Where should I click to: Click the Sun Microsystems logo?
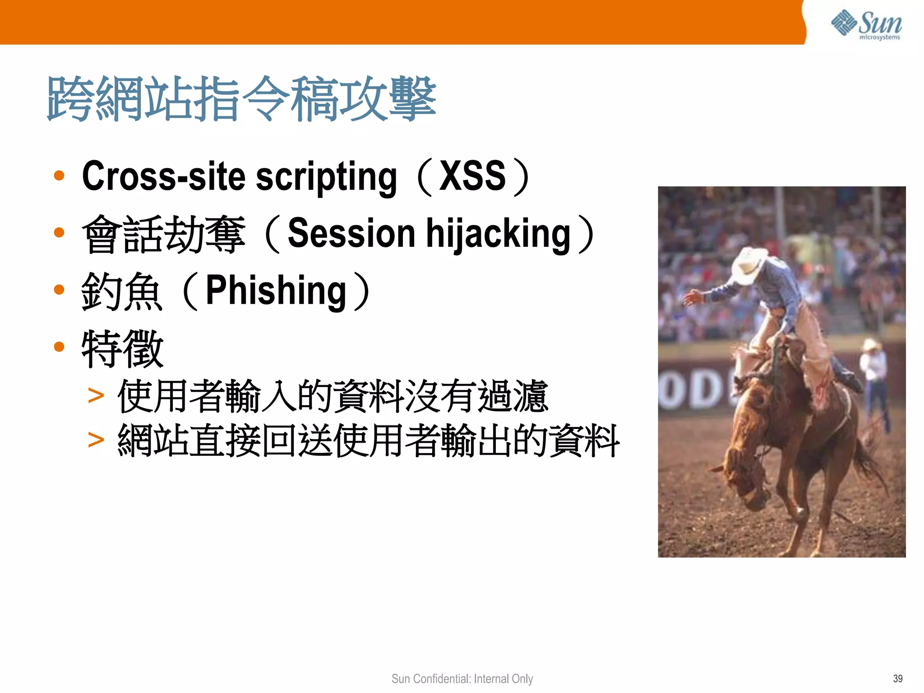866,24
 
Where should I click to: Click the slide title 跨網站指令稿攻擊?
241,99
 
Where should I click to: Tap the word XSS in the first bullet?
472,176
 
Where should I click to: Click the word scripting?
326,177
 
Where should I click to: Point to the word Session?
351,233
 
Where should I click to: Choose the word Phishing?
276,291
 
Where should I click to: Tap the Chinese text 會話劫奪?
164,234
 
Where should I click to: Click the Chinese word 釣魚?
121,291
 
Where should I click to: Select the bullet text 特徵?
122,348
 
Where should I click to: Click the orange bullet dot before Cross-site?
59,176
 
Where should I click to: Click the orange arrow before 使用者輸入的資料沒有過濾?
96,396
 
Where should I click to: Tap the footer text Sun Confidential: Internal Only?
462,679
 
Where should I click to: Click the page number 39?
897,679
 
